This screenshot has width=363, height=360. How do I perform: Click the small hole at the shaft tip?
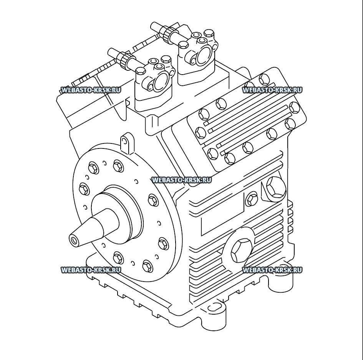coord(73,241)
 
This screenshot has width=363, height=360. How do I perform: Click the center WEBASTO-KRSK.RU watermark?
coord(181,180)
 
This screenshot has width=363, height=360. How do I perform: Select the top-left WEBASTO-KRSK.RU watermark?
coord(91,90)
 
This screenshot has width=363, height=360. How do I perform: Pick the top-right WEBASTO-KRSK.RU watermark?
coord(272,90)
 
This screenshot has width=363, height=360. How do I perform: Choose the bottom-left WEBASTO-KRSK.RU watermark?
coord(91,270)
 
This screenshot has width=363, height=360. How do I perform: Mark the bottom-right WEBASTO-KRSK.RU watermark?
coord(272,270)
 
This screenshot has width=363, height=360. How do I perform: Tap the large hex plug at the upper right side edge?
coord(276,187)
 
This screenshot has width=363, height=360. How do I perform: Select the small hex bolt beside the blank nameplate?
coord(252,198)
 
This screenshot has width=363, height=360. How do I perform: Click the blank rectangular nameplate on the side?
coord(222,215)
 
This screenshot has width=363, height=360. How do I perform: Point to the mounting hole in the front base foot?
coord(214,308)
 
